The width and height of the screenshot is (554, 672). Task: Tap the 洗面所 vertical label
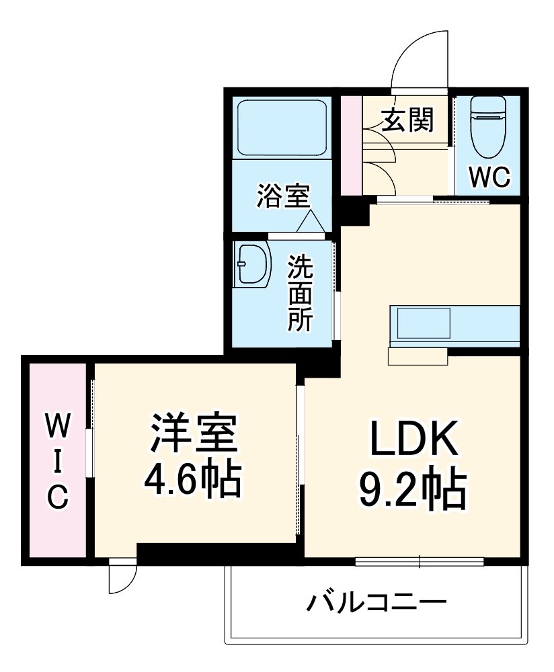pyautogui.click(x=301, y=293)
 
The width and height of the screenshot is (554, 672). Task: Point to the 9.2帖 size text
pyautogui.click(x=411, y=491)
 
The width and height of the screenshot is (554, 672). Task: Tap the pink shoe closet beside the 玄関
pyautogui.click(x=350, y=145)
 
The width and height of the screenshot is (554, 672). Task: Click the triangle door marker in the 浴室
pyautogui.click(x=310, y=222)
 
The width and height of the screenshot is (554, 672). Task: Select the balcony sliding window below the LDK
pyautogui.click(x=420, y=561)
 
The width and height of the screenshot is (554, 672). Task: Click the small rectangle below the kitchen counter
pyautogui.click(x=418, y=357)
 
